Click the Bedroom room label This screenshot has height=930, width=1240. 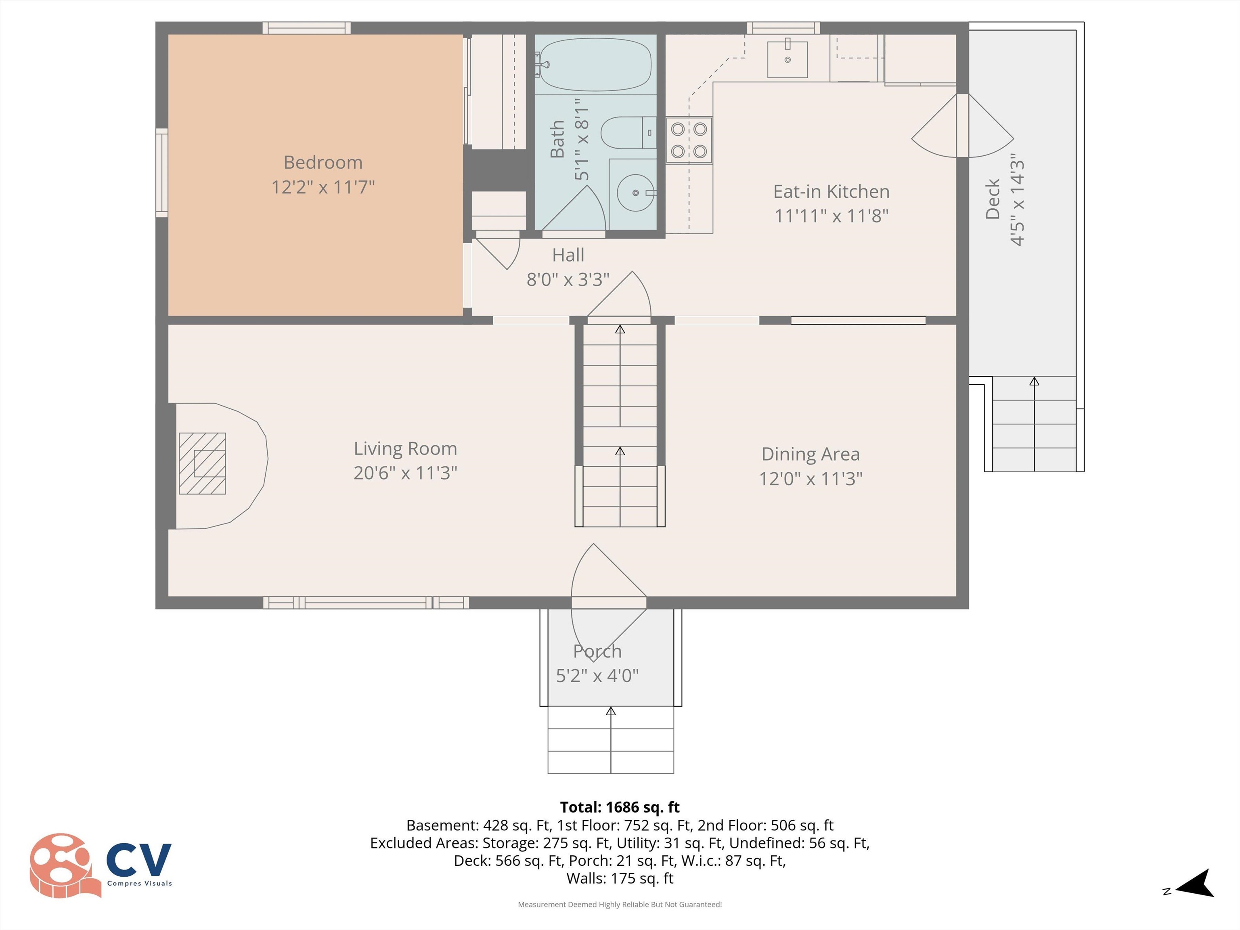(323, 163)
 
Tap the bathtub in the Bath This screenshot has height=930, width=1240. (595, 65)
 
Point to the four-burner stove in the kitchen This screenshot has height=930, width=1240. (689, 140)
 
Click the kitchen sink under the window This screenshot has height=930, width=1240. (787, 59)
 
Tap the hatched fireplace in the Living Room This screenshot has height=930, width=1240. (202, 464)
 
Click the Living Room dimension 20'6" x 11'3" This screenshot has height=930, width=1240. (405, 473)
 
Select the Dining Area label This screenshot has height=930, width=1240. (811, 454)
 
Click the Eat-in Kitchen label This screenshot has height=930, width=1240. (832, 192)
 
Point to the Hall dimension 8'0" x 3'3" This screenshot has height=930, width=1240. (568, 279)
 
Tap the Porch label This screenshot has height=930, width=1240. (597, 651)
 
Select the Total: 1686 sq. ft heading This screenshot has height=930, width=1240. (620, 807)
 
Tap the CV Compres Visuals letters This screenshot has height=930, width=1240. (138, 861)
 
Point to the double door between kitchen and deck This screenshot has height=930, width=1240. (963, 126)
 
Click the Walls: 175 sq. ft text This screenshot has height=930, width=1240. (620, 878)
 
